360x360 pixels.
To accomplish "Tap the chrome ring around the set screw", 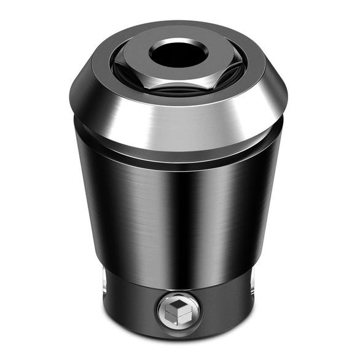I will tap(163, 310).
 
